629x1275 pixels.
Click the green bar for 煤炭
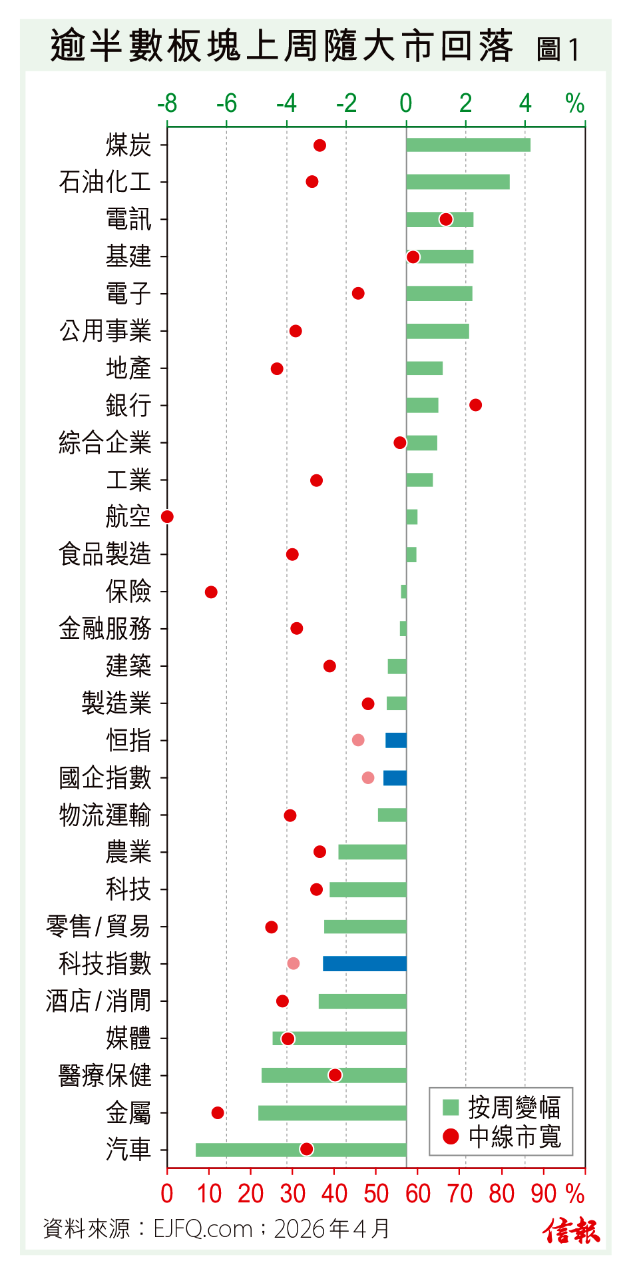click(x=468, y=145)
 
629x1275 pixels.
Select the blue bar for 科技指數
click(x=365, y=963)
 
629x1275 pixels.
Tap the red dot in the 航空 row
click(x=167, y=516)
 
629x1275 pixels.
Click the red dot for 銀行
click(x=475, y=405)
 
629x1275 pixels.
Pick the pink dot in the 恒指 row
click(x=358, y=740)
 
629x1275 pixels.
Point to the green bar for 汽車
click(x=301, y=1150)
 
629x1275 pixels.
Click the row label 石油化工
click(x=105, y=182)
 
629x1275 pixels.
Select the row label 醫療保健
click(x=105, y=1075)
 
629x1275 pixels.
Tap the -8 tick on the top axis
click(x=167, y=103)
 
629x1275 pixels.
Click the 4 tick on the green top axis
click(x=525, y=103)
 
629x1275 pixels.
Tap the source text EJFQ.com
click(x=203, y=1228)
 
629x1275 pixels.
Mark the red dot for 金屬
click(x=218, y=1112)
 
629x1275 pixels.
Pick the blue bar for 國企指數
click(x=395, y=777)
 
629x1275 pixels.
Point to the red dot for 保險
click(x=211, y=592)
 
